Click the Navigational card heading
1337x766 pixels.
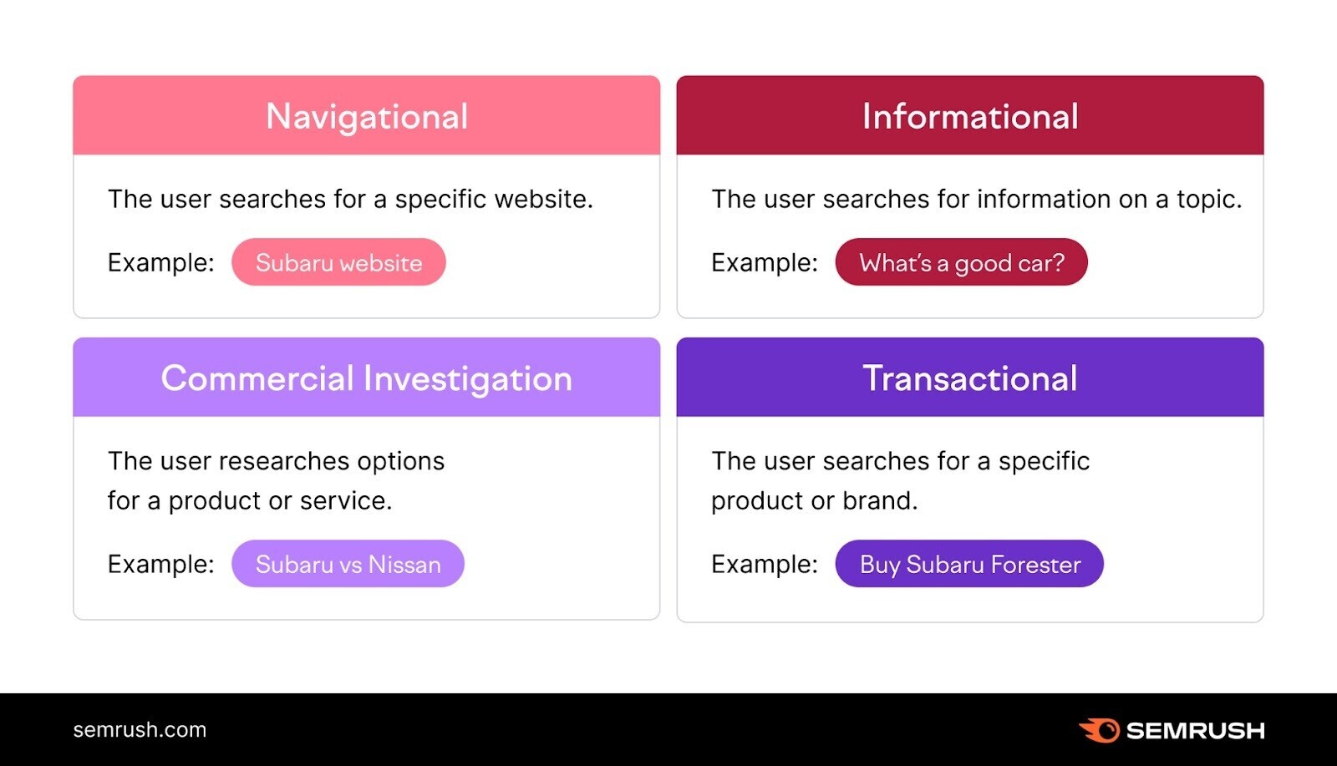point(366,117)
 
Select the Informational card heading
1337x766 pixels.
point(969,117)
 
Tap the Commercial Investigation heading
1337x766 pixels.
point(366,378)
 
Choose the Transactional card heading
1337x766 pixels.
point(969,378)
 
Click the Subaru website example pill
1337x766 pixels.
point(338,262)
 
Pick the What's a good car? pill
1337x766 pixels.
point(961,262)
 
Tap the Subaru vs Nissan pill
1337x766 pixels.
point(348,564)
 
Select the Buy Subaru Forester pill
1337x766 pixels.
point(969,564)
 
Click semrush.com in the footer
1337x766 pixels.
point(140,729)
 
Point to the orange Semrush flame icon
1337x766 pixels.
point(1100,730)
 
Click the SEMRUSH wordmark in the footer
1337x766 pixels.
point(1195,731)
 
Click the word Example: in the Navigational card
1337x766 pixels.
point(160,262)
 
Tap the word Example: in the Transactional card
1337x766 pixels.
point(764,564)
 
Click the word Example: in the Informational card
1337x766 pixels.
point(764,262)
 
